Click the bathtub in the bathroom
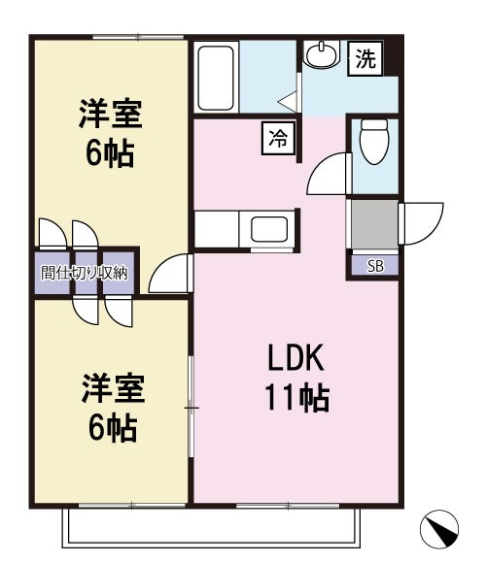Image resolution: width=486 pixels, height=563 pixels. tap(215, 77)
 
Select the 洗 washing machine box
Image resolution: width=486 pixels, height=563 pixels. tap(364, 59)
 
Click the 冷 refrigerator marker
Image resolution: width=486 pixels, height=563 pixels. tap(276, 139)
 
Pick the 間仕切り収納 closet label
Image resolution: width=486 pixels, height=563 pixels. tap(85, 273)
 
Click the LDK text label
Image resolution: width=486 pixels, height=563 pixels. tap(295, 360)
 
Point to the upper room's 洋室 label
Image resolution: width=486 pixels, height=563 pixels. tap(111, 116)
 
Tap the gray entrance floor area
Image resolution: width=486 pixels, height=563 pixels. tap(373, 224)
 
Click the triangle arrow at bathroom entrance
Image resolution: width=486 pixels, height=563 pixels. tap(287, 99)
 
